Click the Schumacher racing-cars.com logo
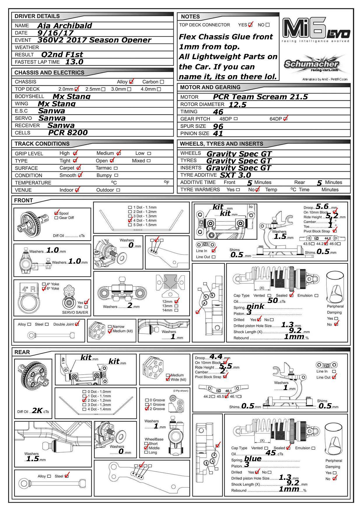tap(312, 65)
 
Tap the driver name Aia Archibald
tap(64, 26)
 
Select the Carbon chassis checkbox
tap(162, 82)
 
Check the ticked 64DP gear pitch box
tap(286, 119)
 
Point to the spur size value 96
tap(218, 126)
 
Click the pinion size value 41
tap(218, 133)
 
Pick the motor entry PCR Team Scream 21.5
tap(260, 97)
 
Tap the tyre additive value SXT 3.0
tap(235, 175)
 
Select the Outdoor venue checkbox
tap(118, 190)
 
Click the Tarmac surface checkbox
tap(116, 168)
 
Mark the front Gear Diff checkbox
tap(56, 218)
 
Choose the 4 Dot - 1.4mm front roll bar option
tap(130, 221)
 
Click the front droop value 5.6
tap(322, 207)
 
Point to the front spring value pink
tap(255, 306)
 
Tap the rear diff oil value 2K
tap(37, 411)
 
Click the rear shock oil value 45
tap(271, 453)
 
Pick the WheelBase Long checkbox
tap(146, 452)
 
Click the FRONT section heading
tap(24, 200)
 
